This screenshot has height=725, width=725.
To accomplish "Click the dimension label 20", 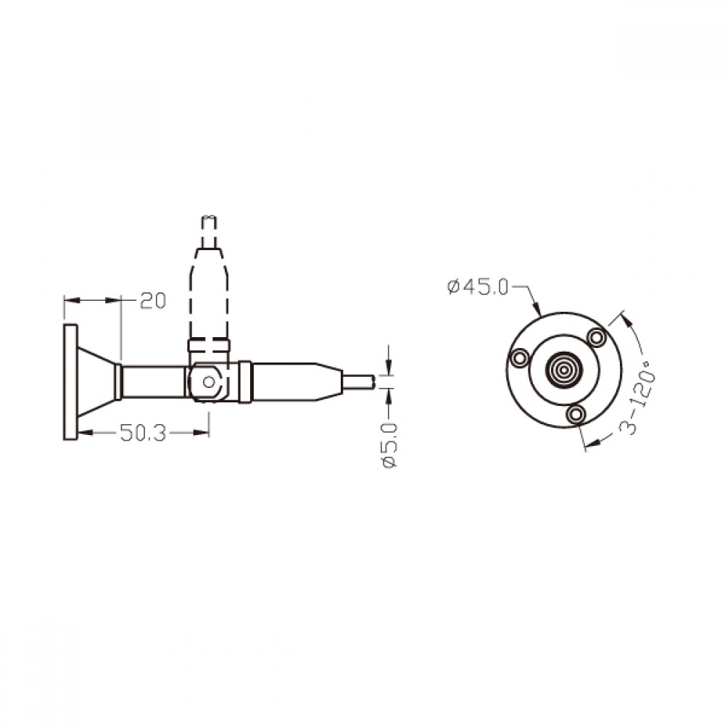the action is pos(153,301).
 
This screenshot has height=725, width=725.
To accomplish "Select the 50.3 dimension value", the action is pos(142,433).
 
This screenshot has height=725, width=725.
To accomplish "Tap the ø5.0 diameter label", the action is pos(389,444).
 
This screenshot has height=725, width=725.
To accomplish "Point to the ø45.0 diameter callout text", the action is pos(478,287).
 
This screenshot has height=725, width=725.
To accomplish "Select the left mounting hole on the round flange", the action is pos(518,357).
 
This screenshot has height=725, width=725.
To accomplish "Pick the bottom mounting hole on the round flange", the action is pos(576,414).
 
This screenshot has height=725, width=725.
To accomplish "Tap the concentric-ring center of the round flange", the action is pos(563,370).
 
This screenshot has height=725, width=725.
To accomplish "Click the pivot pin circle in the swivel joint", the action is pos(209,382).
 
